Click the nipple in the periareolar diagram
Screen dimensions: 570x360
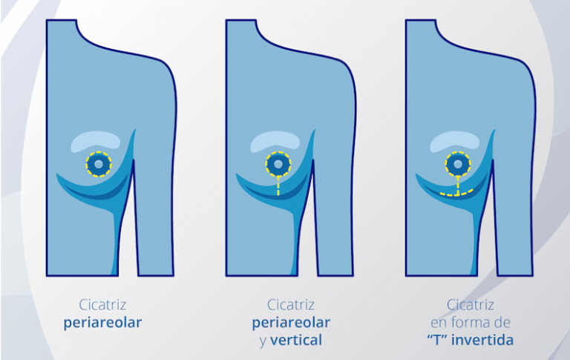point(99,164)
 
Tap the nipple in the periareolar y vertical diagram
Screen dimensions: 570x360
point(278,164)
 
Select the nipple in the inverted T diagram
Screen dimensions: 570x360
point(458,164)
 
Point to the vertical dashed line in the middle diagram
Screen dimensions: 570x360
point(278,186)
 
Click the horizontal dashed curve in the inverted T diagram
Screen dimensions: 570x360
point(456,194)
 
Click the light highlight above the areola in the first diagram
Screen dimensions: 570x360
point(95,140)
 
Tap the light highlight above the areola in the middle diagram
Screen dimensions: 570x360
point(275,140)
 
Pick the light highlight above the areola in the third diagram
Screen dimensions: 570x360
point(454,140)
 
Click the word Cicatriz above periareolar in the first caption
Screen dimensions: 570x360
point(103,305)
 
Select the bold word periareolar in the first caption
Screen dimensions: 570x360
point(102,323)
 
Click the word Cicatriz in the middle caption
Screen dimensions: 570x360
point(291,305)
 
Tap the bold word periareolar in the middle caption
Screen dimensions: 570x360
point(291,323)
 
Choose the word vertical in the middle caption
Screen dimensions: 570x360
point(296,341)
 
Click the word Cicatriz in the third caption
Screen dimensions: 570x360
point(471,305)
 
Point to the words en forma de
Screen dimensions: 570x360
point(471,322)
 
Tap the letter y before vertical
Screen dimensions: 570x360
point(263,342)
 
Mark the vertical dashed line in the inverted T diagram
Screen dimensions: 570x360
point(458,185)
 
